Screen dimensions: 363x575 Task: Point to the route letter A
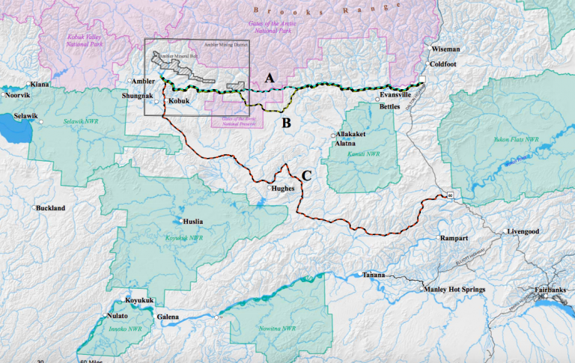pos(271,77)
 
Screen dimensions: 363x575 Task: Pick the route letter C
pos(306,177)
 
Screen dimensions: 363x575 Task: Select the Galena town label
pos(168,317)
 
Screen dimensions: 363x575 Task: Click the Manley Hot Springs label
pos(454,289)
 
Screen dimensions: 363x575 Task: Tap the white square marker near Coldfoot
pos(422,79)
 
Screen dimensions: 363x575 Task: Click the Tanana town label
pos(374,275)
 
